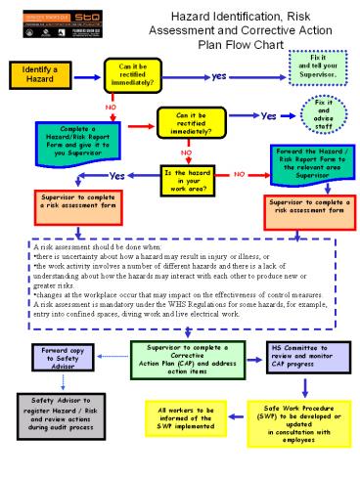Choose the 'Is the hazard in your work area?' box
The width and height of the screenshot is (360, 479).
[x=192, y=178]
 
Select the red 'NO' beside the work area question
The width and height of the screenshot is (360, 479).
[x=238, y=174]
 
